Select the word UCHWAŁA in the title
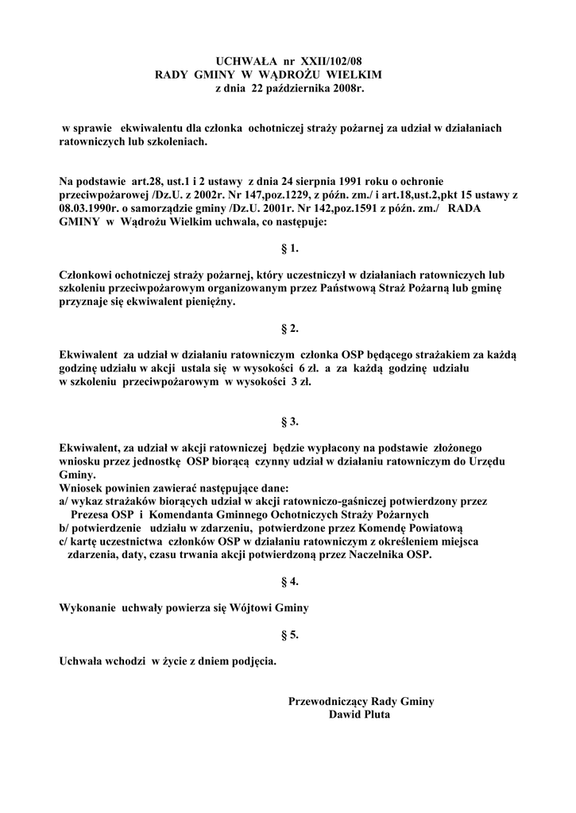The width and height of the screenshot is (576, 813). [x=245, y=61]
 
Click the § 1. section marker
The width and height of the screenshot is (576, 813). [x=289, y=249]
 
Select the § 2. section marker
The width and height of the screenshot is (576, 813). [x=289, y=328]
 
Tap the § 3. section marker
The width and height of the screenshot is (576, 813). [x=289, y=421]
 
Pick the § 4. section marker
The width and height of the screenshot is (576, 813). [x=289, y=582]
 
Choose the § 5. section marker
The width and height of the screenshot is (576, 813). [x=289, y=634]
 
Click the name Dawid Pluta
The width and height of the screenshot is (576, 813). [x=360, y=714]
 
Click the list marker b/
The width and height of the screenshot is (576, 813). [x=65, y=528]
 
